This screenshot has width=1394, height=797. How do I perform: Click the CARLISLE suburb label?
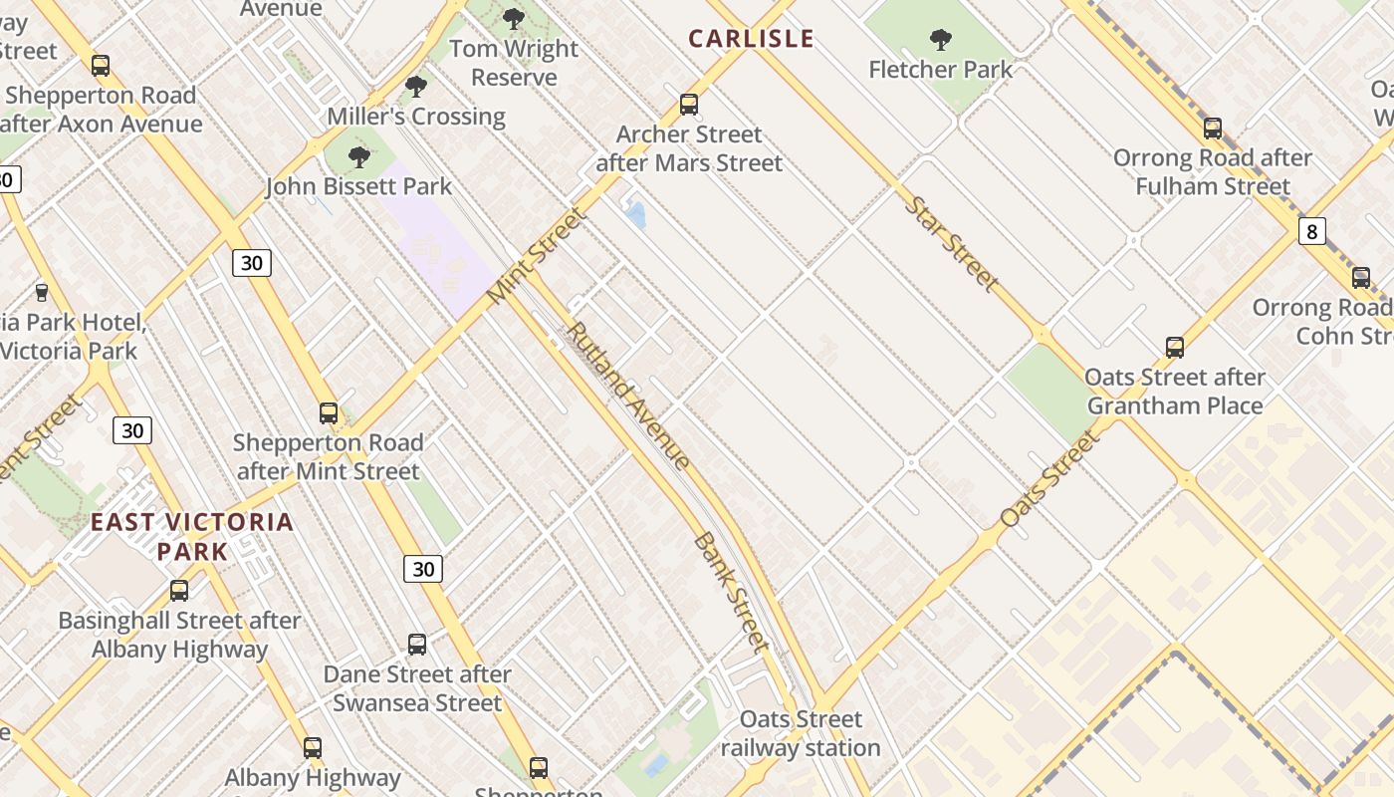(x=752, y=39)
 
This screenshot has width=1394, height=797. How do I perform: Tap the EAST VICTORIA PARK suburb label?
(x=192, y=536)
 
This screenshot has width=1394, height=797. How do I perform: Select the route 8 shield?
(x=1311, y=232)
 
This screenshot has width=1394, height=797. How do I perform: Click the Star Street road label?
(x=951, y=244)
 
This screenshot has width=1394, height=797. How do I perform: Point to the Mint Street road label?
(x=538, y=256)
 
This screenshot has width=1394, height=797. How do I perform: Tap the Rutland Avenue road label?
(x=628, y=396)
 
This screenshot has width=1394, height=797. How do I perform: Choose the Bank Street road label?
(x=732, y=592)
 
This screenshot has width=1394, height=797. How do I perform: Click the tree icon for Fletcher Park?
(x=939, y=40)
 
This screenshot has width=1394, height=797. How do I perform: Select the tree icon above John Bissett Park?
(x=359, y=156)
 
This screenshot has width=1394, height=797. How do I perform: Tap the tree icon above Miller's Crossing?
(x=416, y=87)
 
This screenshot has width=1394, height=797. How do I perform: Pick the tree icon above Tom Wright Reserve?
(x=514, y=18)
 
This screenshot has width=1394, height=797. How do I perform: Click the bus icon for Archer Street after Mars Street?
(x=688, y=104)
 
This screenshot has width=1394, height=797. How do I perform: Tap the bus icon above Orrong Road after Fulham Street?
(x=1212, y=128)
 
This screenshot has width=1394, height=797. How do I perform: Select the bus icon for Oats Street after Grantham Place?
(x=1175, y=347)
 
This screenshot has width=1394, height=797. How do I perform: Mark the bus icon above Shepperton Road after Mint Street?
(x=328, y=412)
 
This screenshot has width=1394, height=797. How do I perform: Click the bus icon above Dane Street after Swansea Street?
(x=416, y=644)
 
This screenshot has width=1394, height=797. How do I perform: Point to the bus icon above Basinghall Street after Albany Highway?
(x=179, y=590)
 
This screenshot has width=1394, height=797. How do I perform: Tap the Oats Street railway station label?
(x=801, y=733)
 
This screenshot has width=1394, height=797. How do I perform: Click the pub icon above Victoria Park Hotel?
(x=41, y=292)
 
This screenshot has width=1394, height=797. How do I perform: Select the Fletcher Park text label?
(x=940, y=70)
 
